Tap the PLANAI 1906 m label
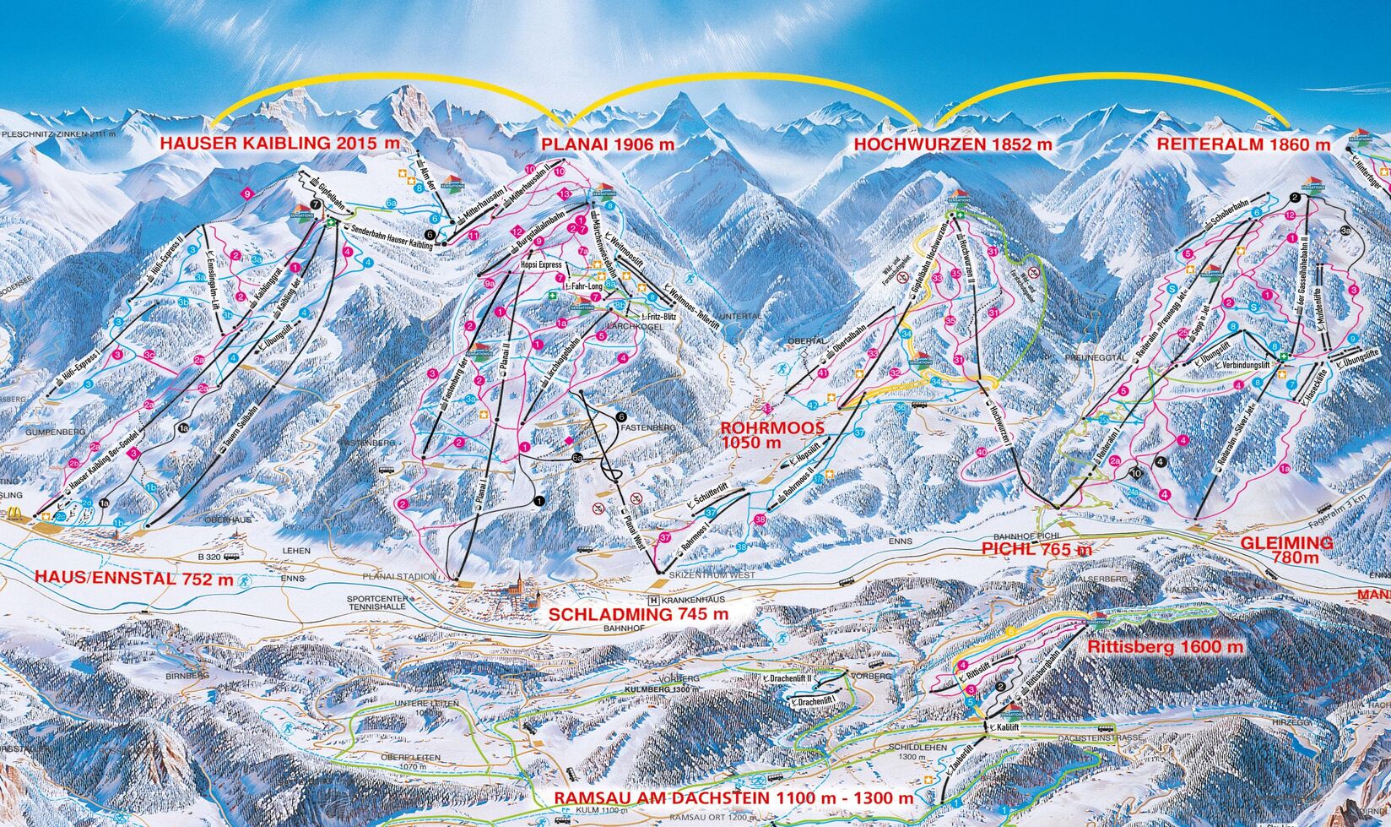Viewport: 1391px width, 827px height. (608, 144)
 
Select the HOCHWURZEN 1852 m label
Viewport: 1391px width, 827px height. (953, 144)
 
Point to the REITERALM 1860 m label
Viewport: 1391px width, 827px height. (1243, 144)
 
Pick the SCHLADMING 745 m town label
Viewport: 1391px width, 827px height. (637, 615)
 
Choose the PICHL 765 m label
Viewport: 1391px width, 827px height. (1036, 549)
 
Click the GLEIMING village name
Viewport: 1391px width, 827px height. (1286, 542)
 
